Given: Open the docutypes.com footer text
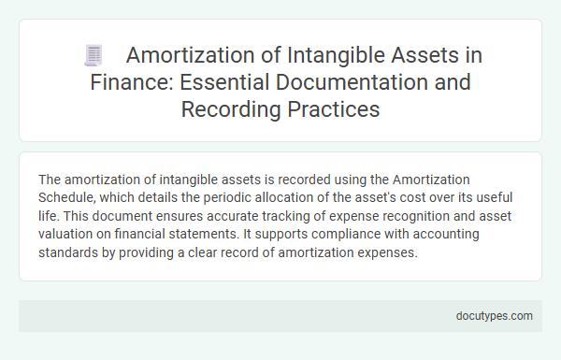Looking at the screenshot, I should point(495,315).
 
